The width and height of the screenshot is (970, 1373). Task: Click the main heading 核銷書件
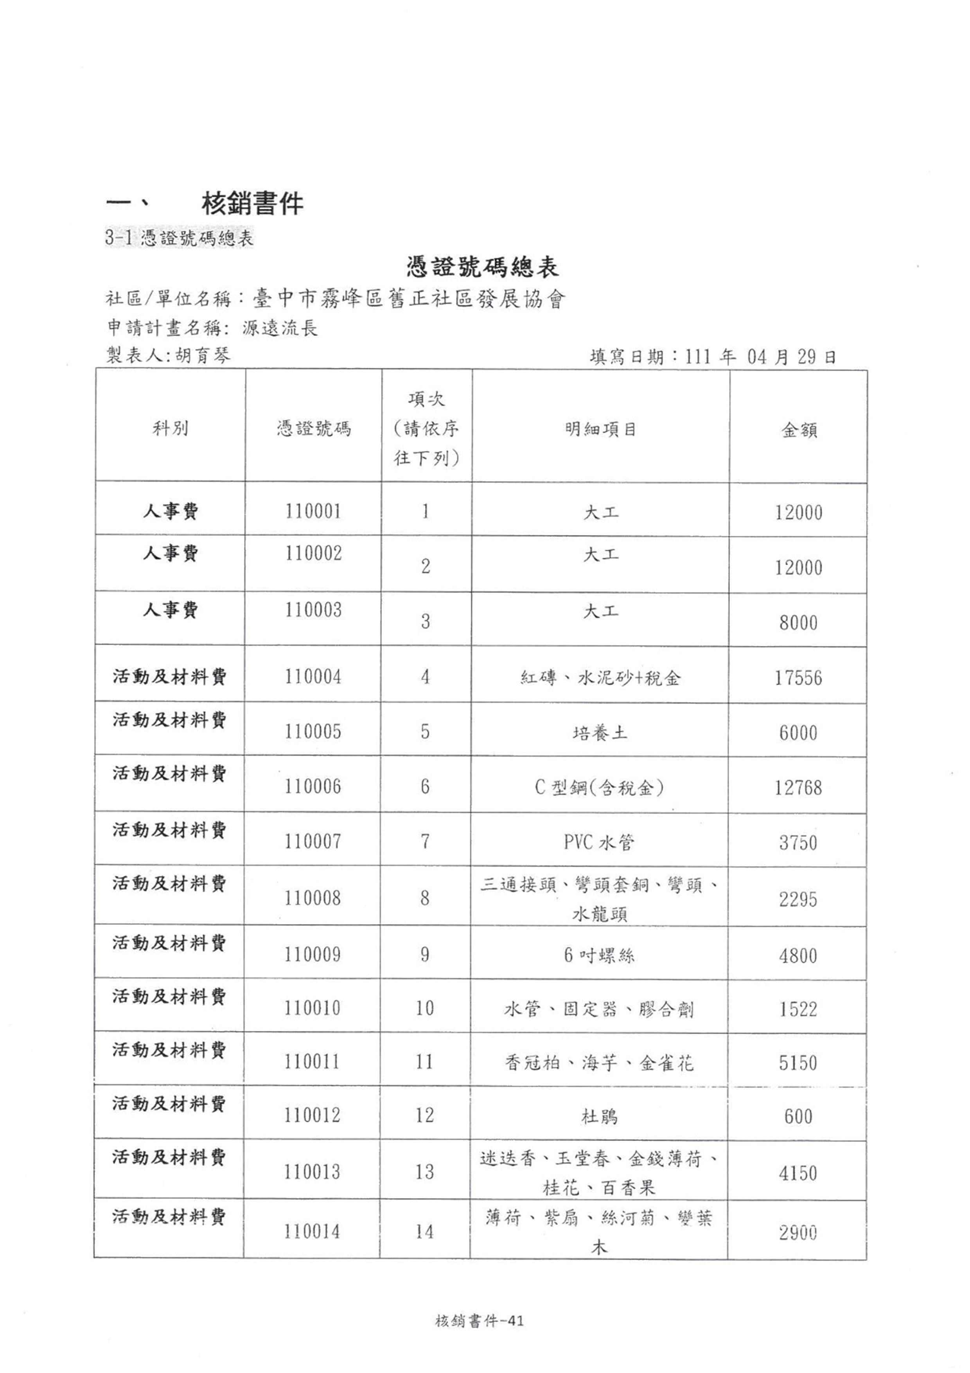(252, 204)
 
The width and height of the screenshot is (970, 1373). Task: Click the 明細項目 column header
(601, 429)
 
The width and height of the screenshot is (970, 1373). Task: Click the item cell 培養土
(600, 733)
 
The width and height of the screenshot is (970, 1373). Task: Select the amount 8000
(798, 623)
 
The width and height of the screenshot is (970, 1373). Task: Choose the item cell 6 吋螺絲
(599, 955)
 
